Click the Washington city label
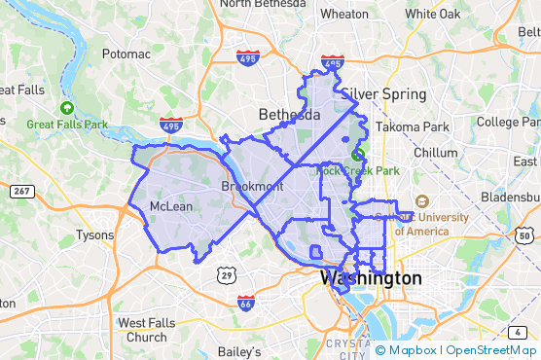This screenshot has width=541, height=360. (x=371, y=278)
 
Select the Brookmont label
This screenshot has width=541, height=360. (x=251, y=186)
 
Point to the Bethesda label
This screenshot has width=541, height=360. (x=288, y=115)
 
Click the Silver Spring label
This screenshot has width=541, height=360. (x=383, y=94)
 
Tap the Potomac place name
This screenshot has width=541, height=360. (x=126, y=54)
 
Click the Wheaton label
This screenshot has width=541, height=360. (x=344, y=14)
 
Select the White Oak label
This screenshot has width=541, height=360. (x=432, y=14)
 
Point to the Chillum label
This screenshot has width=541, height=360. (x=434, y=153)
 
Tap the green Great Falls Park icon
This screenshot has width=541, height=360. (x=66, y=108)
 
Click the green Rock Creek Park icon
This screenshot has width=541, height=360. (x=358, y=155)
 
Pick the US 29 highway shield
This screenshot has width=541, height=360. (x=226, y=276)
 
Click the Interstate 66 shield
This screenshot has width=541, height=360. (x=247, y=304)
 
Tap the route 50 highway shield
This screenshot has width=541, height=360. (x=524, y=236)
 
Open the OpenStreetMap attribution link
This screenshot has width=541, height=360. (x=490, y=350)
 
